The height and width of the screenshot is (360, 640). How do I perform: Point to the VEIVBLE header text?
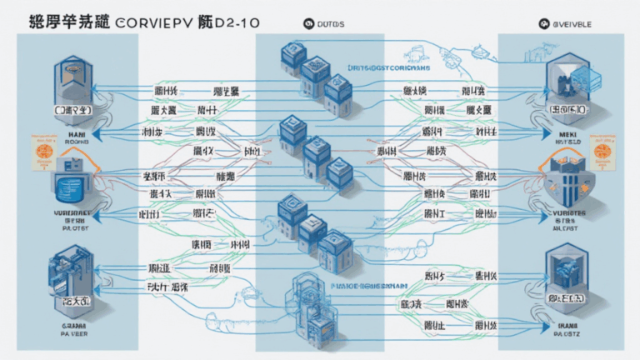(x=575, y=25)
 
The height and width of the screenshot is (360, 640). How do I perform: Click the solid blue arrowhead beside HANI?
(x=94, y=132)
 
